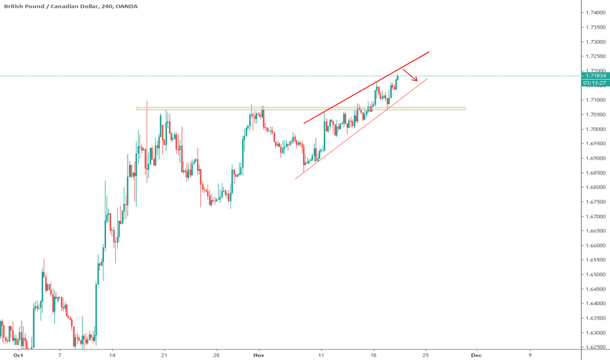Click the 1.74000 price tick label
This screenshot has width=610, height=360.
pos(595,12)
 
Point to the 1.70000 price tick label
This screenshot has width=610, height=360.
pos(595,129)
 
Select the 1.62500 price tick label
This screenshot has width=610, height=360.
pos(595,347)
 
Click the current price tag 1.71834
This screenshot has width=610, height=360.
pos(595,76)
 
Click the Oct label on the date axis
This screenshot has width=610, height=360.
pos(18,355)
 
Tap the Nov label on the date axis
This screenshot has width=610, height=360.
pos(260,355)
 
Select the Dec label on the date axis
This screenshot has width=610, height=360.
pos(476,355)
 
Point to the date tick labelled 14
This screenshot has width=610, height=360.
pos(112,355)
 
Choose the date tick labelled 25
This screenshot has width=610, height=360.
pos(426,355)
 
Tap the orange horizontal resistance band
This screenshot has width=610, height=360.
pos(301,108)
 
